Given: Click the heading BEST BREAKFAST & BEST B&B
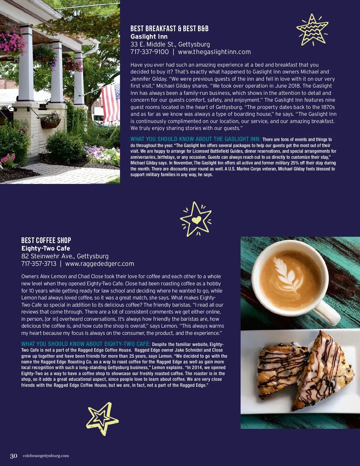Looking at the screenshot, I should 169,29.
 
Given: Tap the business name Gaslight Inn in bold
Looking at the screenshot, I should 149,37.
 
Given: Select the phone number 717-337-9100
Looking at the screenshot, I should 149,52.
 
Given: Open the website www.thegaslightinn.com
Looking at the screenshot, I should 214,52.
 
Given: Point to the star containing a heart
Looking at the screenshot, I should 196,219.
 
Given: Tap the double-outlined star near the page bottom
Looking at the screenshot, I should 102,418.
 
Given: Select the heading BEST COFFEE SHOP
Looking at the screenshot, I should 46,240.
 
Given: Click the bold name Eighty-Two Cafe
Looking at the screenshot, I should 46,248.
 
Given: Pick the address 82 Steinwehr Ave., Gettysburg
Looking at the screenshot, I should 65,256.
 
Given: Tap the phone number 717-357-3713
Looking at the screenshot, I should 39,264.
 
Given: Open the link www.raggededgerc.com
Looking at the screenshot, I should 100,264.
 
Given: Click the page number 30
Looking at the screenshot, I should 13,456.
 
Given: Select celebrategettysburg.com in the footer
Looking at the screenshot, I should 46,456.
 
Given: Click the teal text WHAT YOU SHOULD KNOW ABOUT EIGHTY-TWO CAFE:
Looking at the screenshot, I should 85,344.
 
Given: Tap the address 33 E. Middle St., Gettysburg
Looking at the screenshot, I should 170,44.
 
